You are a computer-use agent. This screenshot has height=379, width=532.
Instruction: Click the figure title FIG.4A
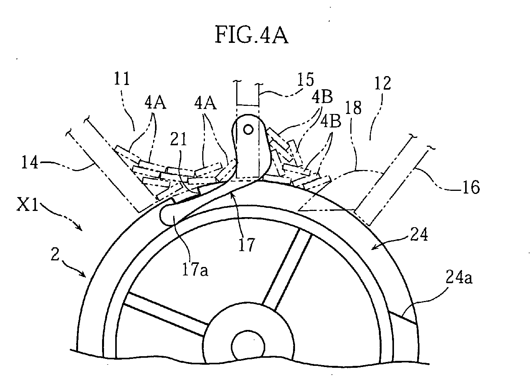tap(252, 35)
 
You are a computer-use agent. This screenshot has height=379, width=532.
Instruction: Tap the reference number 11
tap(122, 78)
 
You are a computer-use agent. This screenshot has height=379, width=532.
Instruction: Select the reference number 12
tap(382, 83)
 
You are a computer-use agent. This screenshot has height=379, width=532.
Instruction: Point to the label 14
tap(30, 162)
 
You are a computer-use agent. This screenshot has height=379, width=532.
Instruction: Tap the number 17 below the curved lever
tap(247, 245)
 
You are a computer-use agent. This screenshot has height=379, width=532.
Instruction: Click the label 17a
tap(195, 270)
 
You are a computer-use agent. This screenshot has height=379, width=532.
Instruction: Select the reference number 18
tap(353, 107)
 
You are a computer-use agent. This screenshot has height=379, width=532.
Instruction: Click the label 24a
tap(459, 277)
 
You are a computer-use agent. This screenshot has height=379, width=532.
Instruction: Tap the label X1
tap(27, 205)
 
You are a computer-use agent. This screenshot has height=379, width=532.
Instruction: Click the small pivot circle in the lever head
tap(248, 130)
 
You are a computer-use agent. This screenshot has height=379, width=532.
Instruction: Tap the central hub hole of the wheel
tap(248, 347)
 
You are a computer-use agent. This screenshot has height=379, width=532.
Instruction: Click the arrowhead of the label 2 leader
tap(84, 275)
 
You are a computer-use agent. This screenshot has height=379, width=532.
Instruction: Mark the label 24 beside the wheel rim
tap(419, 235)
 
